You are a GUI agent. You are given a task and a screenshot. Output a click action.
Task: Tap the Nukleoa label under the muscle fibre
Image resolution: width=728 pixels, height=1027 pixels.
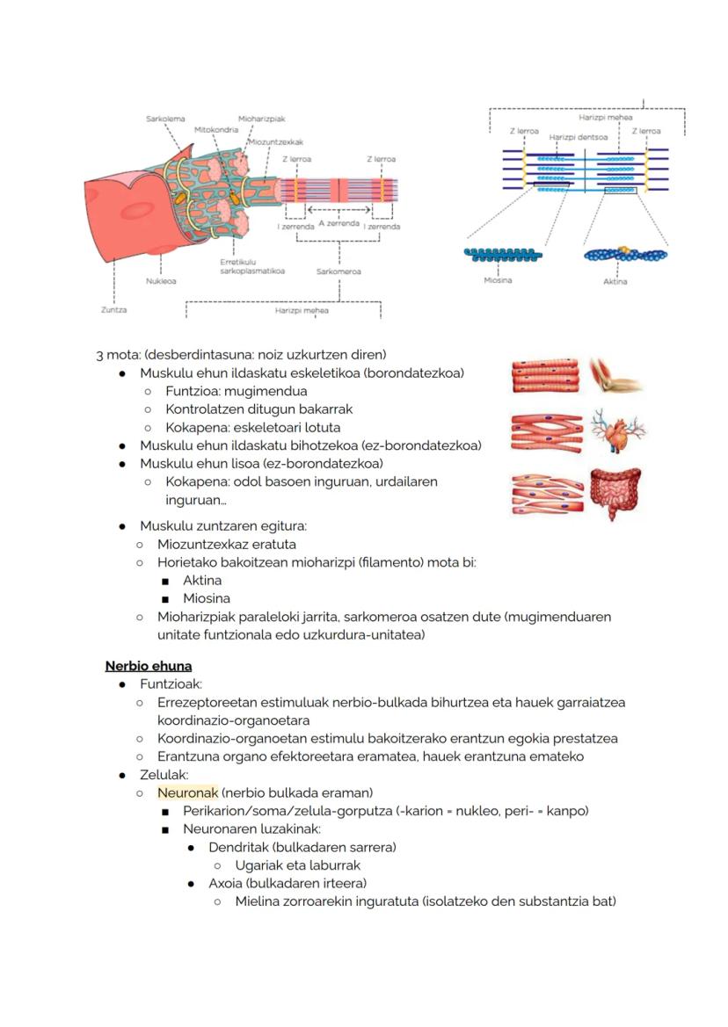(161, 281)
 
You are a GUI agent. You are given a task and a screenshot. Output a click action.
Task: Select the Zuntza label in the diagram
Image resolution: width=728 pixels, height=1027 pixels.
(113, 309)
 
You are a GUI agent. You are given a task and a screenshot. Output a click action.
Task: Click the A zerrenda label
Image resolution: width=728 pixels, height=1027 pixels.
(339, 223)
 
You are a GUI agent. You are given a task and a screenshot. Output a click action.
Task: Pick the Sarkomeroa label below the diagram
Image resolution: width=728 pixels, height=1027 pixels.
(339, 271)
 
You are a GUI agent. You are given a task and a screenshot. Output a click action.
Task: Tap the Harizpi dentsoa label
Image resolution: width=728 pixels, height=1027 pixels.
(578, 137)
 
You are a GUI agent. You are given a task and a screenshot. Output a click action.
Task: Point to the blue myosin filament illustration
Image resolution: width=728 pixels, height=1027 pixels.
(502, 256)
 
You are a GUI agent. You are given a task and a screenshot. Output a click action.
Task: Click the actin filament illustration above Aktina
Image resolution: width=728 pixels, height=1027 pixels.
(625, 255)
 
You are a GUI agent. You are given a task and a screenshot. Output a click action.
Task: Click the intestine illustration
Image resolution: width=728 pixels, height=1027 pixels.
(615, 493)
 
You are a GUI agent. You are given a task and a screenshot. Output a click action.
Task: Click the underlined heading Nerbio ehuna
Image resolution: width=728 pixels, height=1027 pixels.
(148, 666)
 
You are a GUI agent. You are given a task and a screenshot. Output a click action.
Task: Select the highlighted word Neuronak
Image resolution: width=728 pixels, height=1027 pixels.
(187, 792)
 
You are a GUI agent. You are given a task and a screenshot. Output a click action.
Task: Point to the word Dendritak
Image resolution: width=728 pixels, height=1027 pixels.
(238, 847)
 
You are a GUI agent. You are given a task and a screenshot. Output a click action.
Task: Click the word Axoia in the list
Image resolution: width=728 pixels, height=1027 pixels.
(226, 883)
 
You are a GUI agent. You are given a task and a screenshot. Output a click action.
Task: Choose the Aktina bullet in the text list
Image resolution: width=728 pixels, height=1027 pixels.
(202, 581)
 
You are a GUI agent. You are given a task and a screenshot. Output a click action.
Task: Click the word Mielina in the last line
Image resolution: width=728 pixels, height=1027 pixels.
(258, 901)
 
